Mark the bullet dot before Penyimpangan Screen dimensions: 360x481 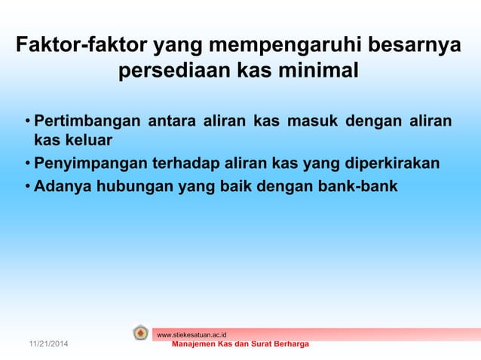27,163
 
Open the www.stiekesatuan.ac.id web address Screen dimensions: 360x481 191,334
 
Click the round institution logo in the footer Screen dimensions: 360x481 140,333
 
